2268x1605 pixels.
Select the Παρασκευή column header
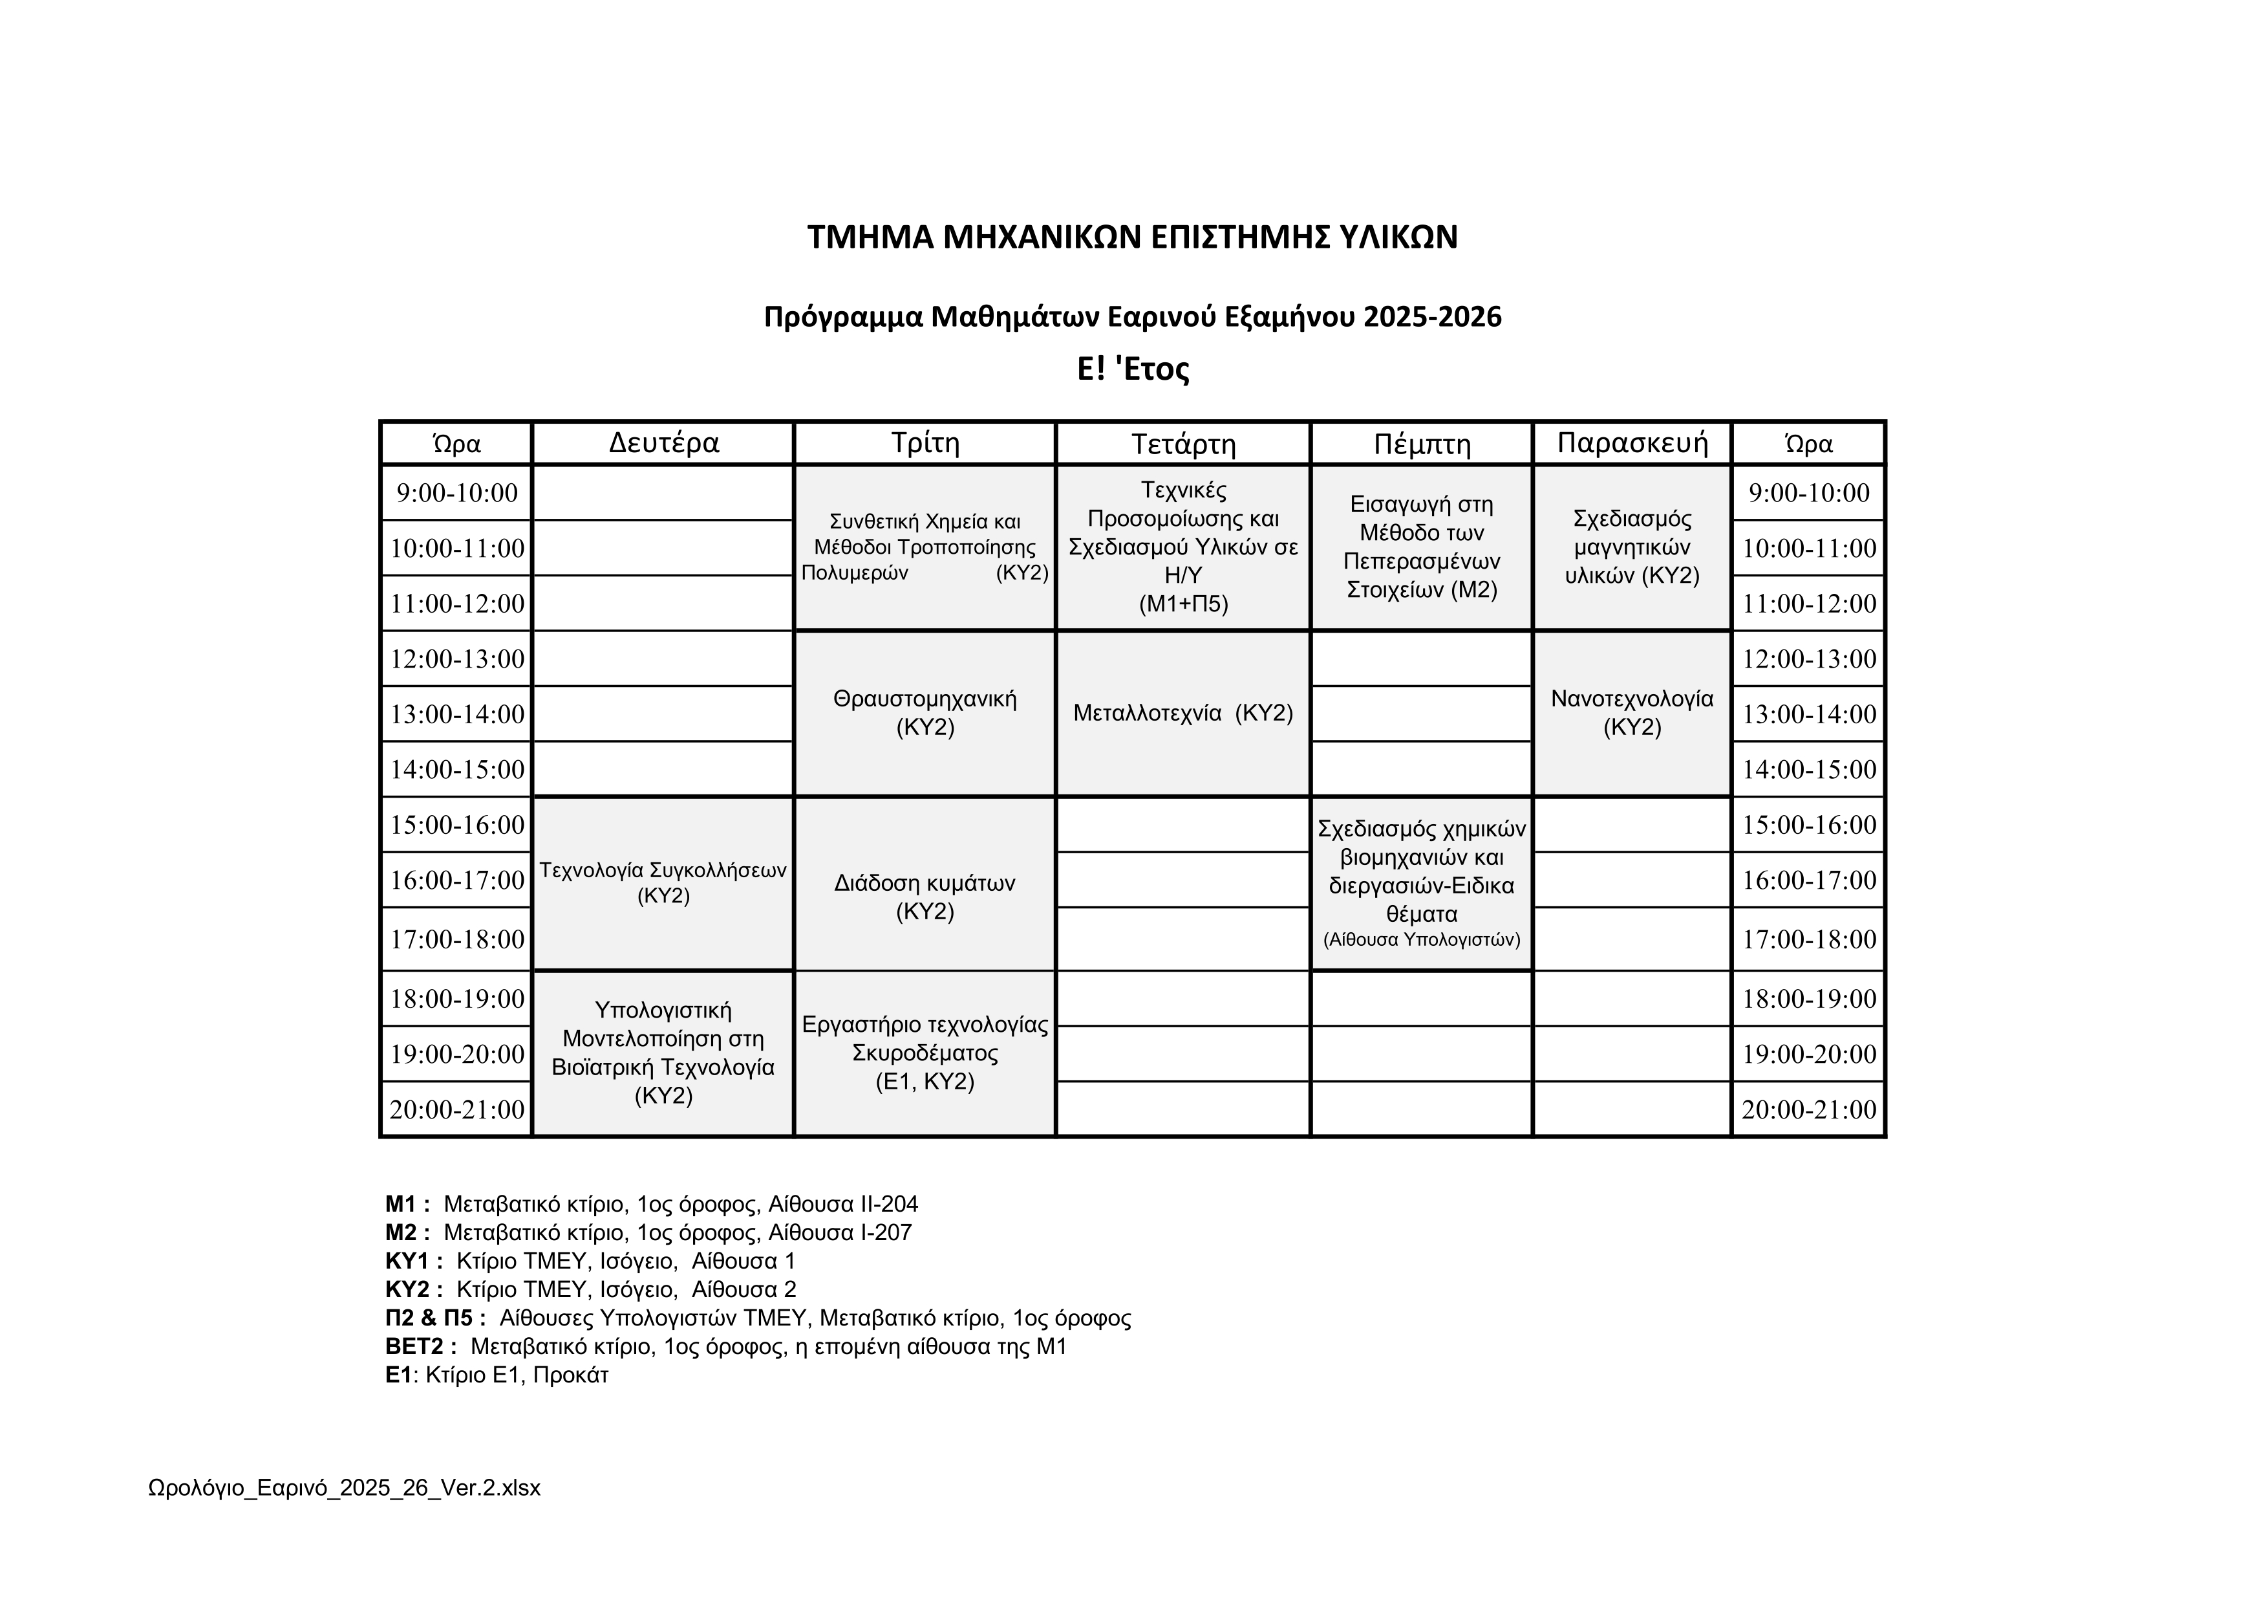point(1632,442)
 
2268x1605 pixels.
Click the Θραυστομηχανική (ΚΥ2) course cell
point(925,712)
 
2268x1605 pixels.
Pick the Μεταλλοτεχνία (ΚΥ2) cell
point(1182,712)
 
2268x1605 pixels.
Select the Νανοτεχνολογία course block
point(1632,712)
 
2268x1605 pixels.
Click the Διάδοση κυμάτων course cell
point(925,897)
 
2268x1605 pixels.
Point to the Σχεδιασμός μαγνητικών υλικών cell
point(1632,547)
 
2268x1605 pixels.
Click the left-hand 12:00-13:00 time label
point(457,658)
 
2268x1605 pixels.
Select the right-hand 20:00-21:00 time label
point(1809,1109)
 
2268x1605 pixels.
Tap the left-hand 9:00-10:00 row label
point(457,492)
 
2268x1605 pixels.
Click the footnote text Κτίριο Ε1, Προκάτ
point(517,1375)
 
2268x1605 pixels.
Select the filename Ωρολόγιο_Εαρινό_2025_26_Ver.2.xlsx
point(344,1487)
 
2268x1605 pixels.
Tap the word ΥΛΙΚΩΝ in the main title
point(1389,237)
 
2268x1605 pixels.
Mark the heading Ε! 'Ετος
point(1132,369)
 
